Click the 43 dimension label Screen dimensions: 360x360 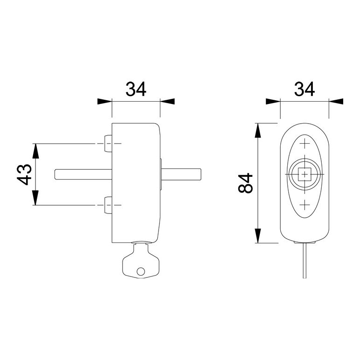click(x=24, y=175)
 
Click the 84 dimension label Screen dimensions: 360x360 click(x=245, y=183)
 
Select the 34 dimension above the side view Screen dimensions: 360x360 click(x=136, y=89)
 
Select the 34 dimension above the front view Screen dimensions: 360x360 click(x=305, y=89)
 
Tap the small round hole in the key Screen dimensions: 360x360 click(x=141, y=271)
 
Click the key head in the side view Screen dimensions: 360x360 click(x=141, y=261)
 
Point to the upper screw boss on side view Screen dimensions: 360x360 click(x=108, y=144)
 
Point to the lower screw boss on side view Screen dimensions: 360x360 click(x=108, y=205)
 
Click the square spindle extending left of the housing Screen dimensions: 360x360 click(x=83, y=174)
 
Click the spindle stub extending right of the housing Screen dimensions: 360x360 click(x=181, y=174)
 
